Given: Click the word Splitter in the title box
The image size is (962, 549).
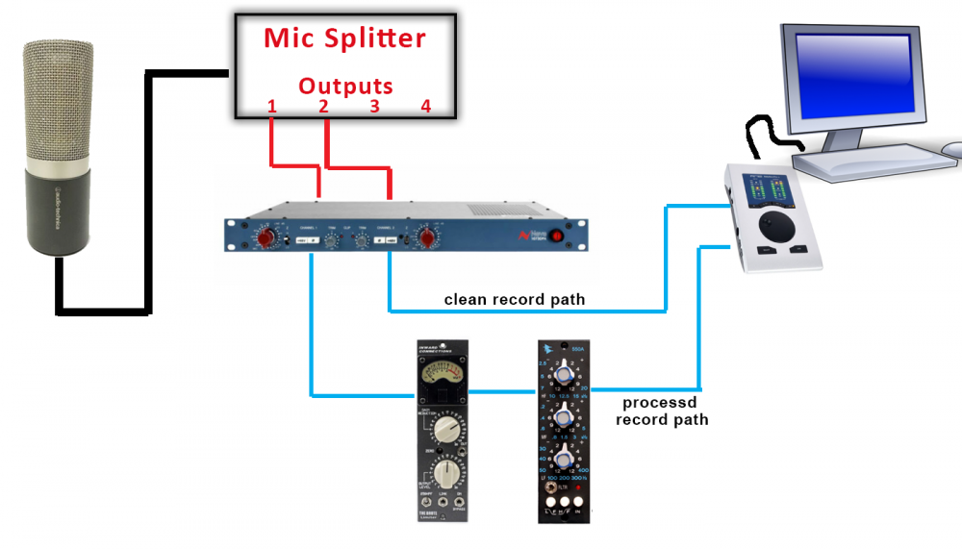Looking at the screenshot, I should (x=374, y=39).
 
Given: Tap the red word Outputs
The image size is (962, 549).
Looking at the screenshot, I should (x=344, y=86).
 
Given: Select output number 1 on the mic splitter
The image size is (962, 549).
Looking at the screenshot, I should (x=272, y=107).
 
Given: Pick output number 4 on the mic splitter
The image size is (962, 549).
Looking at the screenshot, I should (x=425, y=107).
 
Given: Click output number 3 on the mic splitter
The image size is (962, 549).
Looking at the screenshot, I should (x=374, y=107).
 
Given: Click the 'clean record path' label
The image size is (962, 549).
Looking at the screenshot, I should (x=515, y=299).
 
